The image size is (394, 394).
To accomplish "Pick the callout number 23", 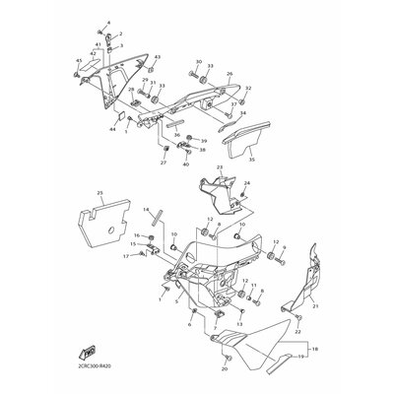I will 220,168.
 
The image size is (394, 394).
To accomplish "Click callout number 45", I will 78,61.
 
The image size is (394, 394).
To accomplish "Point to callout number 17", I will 126,256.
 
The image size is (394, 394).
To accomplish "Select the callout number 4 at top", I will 109,21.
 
